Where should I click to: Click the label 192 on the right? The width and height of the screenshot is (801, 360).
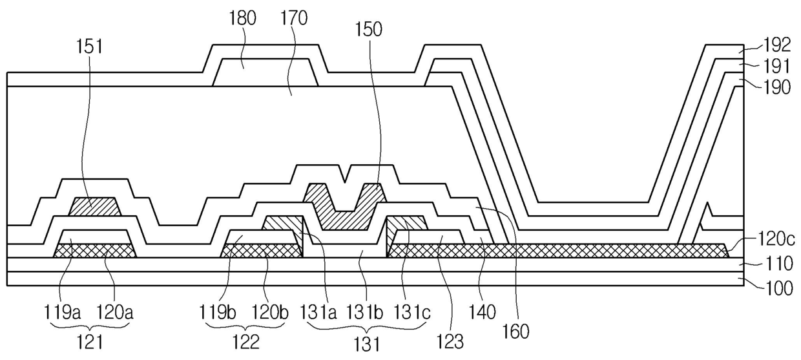pos(776,45)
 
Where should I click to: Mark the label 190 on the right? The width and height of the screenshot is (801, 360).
pos(776,87)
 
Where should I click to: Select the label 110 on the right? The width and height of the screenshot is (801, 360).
pos(776,265)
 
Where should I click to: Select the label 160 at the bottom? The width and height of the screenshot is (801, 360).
pos(515,331)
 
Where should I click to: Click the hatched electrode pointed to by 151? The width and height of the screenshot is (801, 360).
pos(94,207)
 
